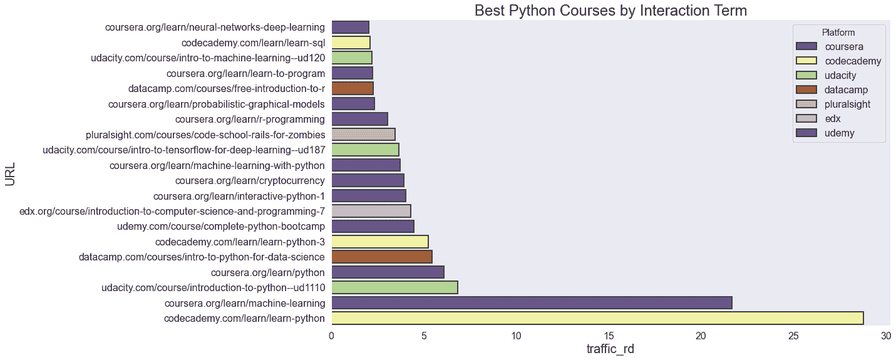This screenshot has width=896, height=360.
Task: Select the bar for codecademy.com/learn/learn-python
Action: coord(597,318)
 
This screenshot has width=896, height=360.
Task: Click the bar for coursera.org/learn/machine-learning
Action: coord(531,303)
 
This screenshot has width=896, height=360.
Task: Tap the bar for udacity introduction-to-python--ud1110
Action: coord(394,287)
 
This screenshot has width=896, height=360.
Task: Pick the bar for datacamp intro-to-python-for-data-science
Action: coord(381,257)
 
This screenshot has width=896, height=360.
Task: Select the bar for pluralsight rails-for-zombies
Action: coord(363,134)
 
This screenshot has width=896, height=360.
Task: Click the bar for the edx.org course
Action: coord(371,211)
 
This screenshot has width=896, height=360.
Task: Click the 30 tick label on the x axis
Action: coord(885,336)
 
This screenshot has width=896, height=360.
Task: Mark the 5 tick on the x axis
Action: coord(423,336)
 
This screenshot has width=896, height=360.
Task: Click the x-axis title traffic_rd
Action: coord(610,349)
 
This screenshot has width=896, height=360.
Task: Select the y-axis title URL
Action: coord(11,174)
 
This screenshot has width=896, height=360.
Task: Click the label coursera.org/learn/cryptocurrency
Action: coord(249,180)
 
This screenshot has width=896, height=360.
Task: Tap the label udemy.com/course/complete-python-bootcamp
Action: coord(220,226)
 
